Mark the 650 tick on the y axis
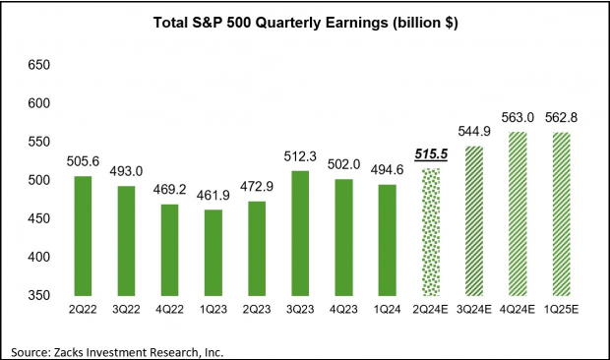pyautogui.click(x=36, y=65)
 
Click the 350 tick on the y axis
pyautogui.click(x=36, y=295)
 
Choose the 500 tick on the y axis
pyautogui.click(x=36, y=180)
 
